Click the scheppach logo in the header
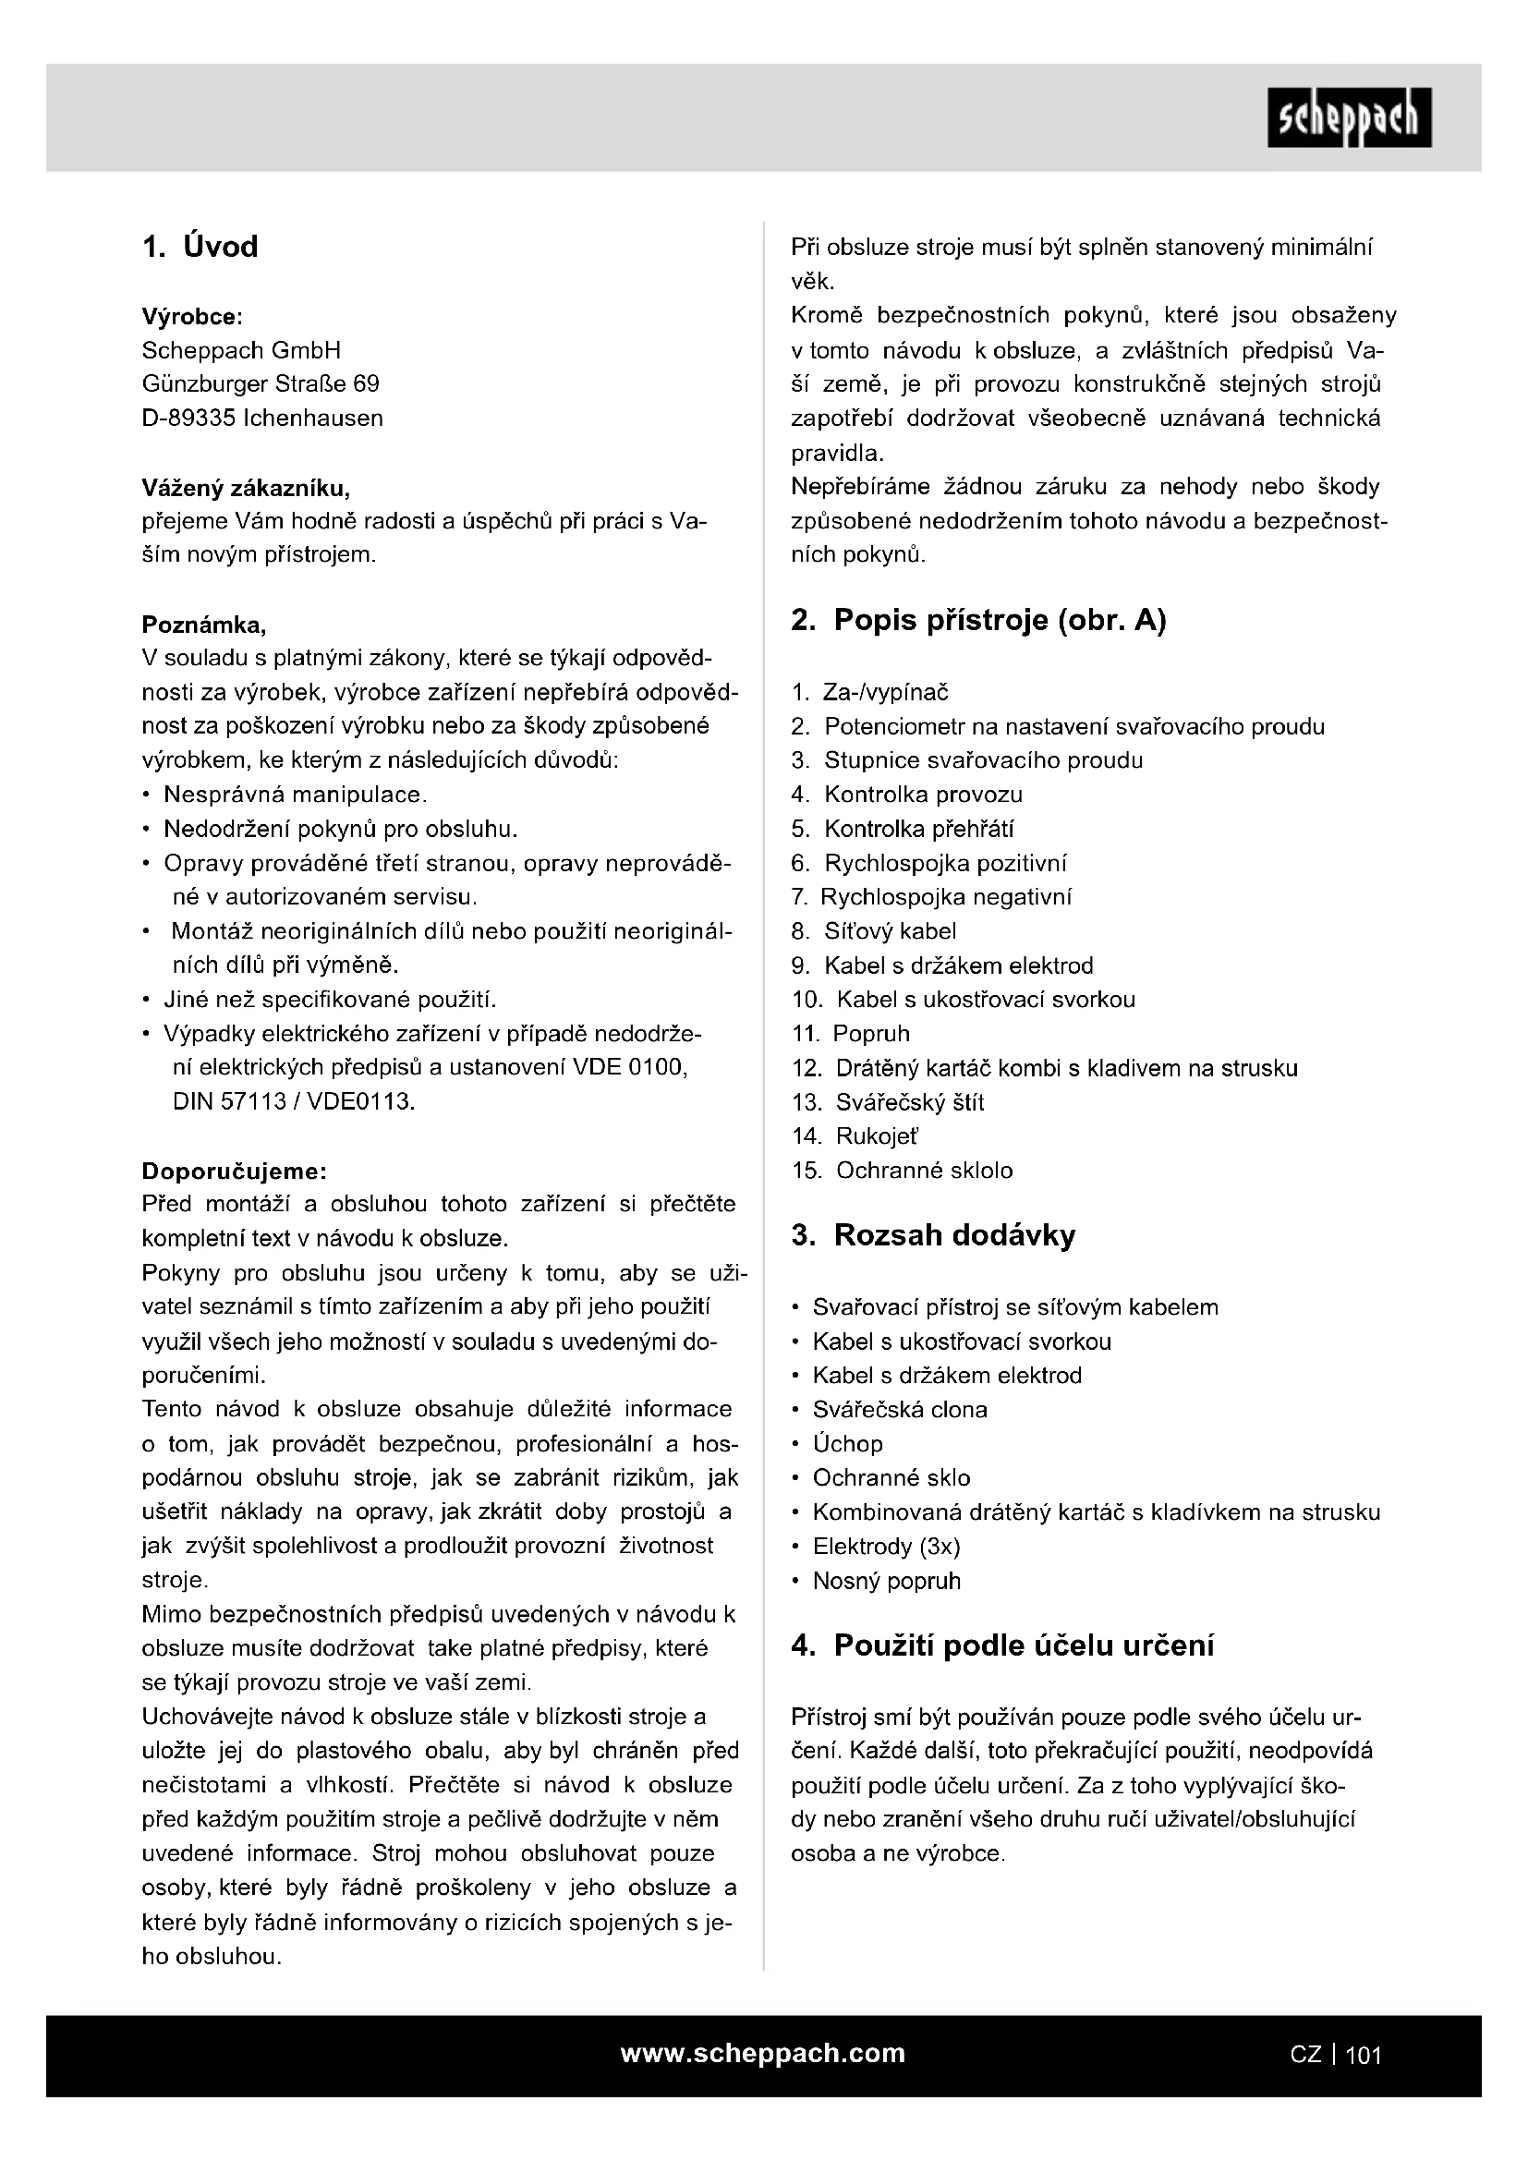pos(1348,117)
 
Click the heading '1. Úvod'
pos(200,247)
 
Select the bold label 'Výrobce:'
pos(192,317)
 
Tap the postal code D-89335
pos(188,418)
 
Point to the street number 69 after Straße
pos(366,384)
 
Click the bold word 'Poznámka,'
pos(203,625)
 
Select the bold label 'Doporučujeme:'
pos(235,1171)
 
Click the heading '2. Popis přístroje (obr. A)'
pos(978,620)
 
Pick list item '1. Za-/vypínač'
pos(870,693)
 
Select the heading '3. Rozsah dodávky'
pos(933,1235)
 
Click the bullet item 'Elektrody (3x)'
pos(885,1547)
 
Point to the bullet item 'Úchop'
pos(847,1444)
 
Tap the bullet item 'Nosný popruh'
pos(885,1580)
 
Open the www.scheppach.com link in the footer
pos(762,2053)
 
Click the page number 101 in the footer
pos(1364,2055)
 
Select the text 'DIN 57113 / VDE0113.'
pos(294,1101)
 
